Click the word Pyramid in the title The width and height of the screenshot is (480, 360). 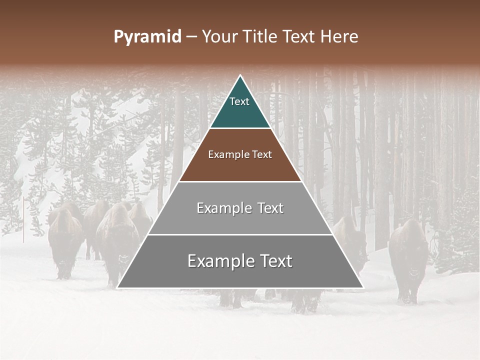click(147, 37)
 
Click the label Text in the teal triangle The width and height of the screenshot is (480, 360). click(239, 102)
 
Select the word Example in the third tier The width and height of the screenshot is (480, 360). click(223, 208)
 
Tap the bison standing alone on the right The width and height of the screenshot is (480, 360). click(409, 260)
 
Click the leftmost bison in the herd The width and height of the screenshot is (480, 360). click(64, 240)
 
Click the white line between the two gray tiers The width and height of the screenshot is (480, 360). click(240, 234)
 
